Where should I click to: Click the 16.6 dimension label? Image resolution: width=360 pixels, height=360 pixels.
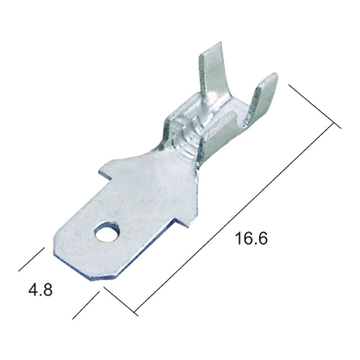[x=251, y=238]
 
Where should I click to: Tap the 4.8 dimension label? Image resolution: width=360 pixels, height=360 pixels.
[x=40, y=289]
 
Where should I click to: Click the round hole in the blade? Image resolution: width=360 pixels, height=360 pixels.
[x=107, y=232]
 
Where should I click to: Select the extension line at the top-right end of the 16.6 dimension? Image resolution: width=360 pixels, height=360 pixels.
[x=315, y=107]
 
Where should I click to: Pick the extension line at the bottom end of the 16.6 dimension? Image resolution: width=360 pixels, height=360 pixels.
[x=121, y=301]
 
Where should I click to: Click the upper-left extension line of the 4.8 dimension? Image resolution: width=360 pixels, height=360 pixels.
[x=32, y=259]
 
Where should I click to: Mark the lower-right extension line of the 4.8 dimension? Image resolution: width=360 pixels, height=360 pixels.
[x=86, y=305]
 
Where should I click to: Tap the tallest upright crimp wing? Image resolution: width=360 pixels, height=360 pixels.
[x=212, y=77]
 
